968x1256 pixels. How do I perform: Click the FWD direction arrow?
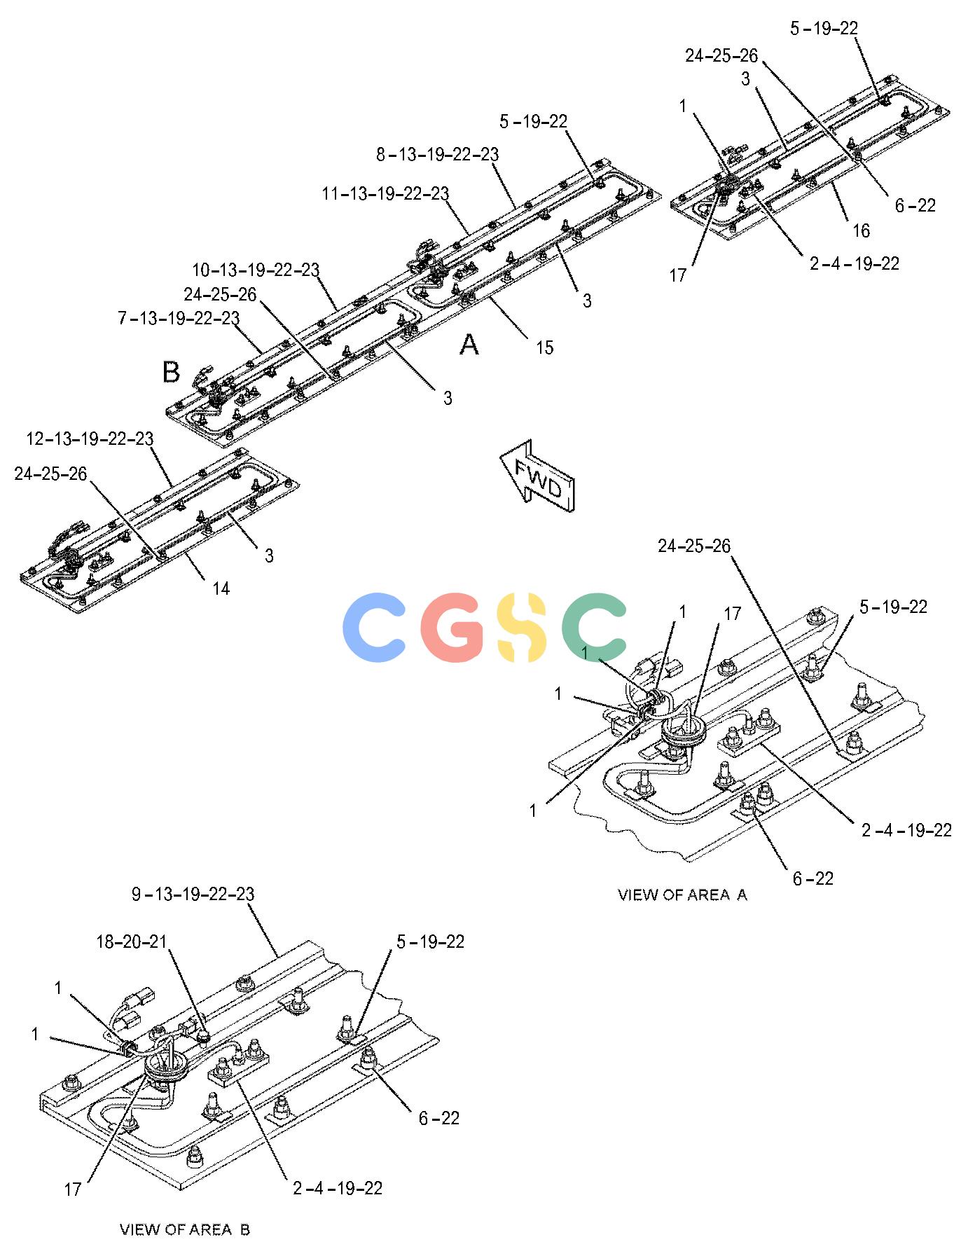(537, 476)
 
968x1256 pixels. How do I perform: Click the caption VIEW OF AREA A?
(682, 895)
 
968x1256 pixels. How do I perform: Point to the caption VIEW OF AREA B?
(185, 1229)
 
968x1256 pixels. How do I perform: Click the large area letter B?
(171, 372)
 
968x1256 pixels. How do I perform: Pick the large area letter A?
(469, 344)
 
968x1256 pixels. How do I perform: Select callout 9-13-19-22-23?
(193, 895)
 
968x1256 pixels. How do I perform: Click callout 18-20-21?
(132, 941)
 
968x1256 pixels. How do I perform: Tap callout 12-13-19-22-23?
(90, 439)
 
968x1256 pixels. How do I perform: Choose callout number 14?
(221, 589)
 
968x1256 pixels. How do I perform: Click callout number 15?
(544, 347)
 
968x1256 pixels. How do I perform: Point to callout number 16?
(860, 230)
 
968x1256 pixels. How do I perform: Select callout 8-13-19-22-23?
(437, 154)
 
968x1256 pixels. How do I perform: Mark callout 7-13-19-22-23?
(179, 318)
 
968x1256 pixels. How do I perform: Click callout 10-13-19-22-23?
(256, 270)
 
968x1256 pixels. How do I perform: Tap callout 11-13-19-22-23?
(386, 193)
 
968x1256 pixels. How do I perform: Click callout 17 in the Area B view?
(73, 1189)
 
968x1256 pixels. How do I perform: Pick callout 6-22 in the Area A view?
(813, 878)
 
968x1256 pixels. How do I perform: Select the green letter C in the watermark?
(594, 628)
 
